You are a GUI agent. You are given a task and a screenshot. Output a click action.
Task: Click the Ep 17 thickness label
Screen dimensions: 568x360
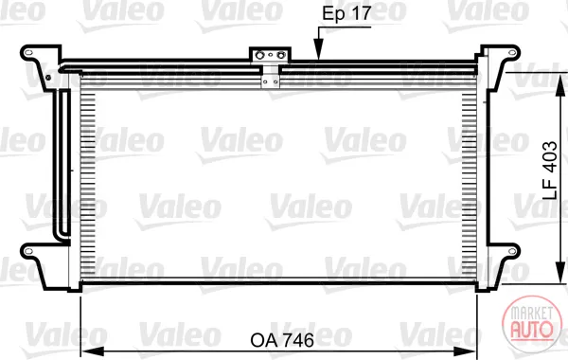(x=346, y=14)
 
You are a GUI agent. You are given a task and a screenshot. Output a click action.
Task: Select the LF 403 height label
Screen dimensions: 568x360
(x=550, y=171)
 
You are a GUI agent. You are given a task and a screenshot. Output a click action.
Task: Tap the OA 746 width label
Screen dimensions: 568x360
(x=282, y=340)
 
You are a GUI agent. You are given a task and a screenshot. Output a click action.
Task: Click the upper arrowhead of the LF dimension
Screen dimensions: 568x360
(x=560, y=84)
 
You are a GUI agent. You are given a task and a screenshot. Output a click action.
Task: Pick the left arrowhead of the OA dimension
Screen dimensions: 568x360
(x=93, y=351)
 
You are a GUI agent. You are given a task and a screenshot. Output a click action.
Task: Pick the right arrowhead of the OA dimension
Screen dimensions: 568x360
(x=465, y=351)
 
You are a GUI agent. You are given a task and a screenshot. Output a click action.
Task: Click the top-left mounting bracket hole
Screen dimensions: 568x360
(x=28, y=53)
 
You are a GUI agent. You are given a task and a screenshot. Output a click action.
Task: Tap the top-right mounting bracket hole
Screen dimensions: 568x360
(x=512, y=52)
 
